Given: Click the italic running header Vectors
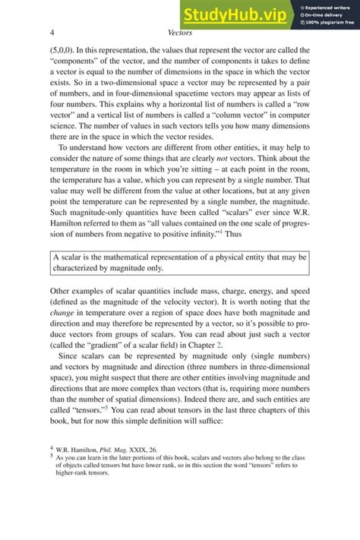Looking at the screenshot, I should tap(179, 33).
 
